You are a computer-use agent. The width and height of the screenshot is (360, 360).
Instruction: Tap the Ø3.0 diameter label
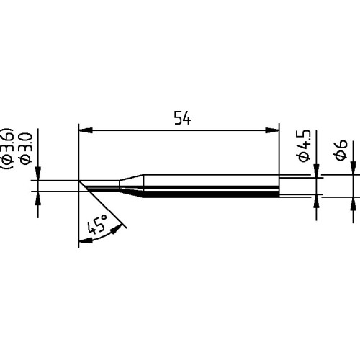pos(25,148)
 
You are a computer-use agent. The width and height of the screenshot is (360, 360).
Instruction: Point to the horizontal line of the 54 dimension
pos(180,130)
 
